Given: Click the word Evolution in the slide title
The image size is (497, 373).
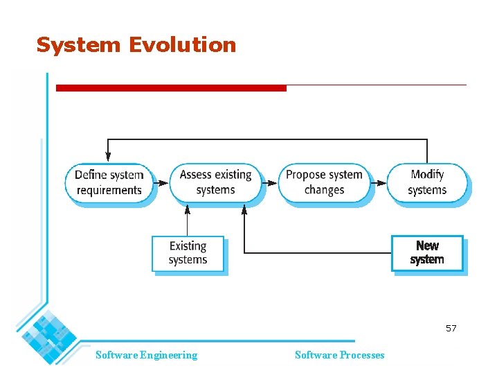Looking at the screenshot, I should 182,45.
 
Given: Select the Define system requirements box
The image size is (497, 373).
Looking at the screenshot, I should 109,182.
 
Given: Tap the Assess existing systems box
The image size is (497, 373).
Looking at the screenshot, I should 215,182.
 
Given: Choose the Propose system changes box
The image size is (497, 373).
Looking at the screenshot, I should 324,182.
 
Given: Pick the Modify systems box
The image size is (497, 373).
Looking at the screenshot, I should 426,182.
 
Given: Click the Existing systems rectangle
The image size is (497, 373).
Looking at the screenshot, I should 188,253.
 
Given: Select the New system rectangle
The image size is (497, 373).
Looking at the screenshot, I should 426,253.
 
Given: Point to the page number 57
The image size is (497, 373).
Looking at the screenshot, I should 451,328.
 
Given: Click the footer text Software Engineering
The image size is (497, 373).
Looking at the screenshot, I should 146,355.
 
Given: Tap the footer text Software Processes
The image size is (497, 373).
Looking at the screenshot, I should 339,355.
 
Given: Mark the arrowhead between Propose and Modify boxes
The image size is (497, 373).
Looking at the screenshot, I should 380,183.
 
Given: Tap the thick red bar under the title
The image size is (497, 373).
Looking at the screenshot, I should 170,88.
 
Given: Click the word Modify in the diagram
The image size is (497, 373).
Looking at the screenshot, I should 427,175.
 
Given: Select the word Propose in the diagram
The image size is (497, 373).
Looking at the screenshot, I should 305,175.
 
